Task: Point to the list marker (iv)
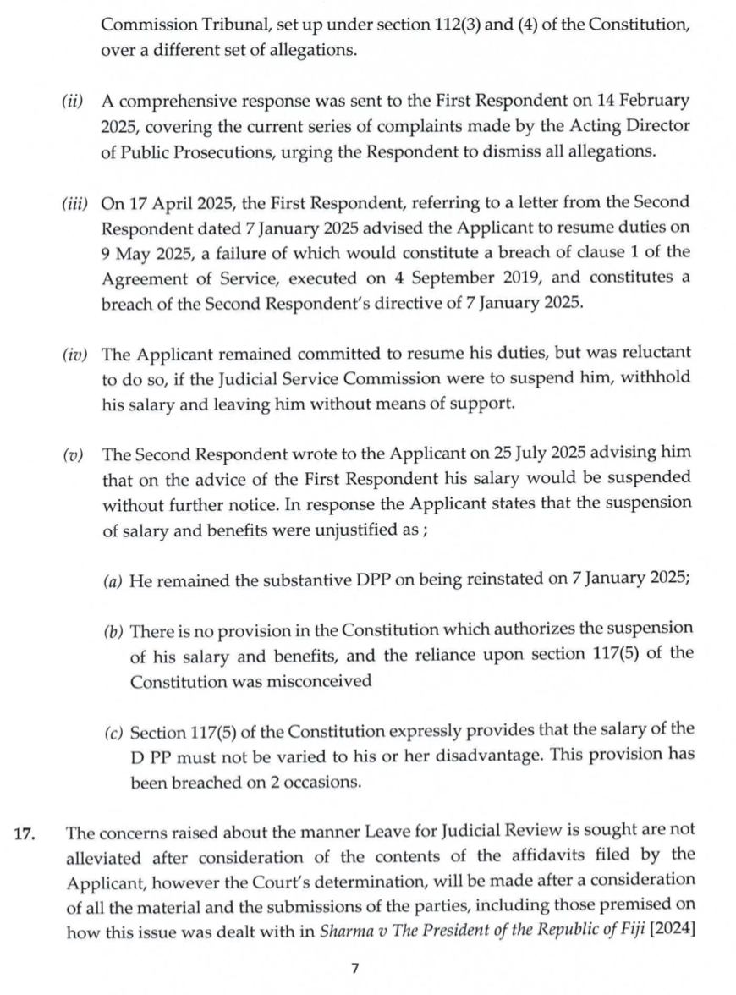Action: (74, 352)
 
